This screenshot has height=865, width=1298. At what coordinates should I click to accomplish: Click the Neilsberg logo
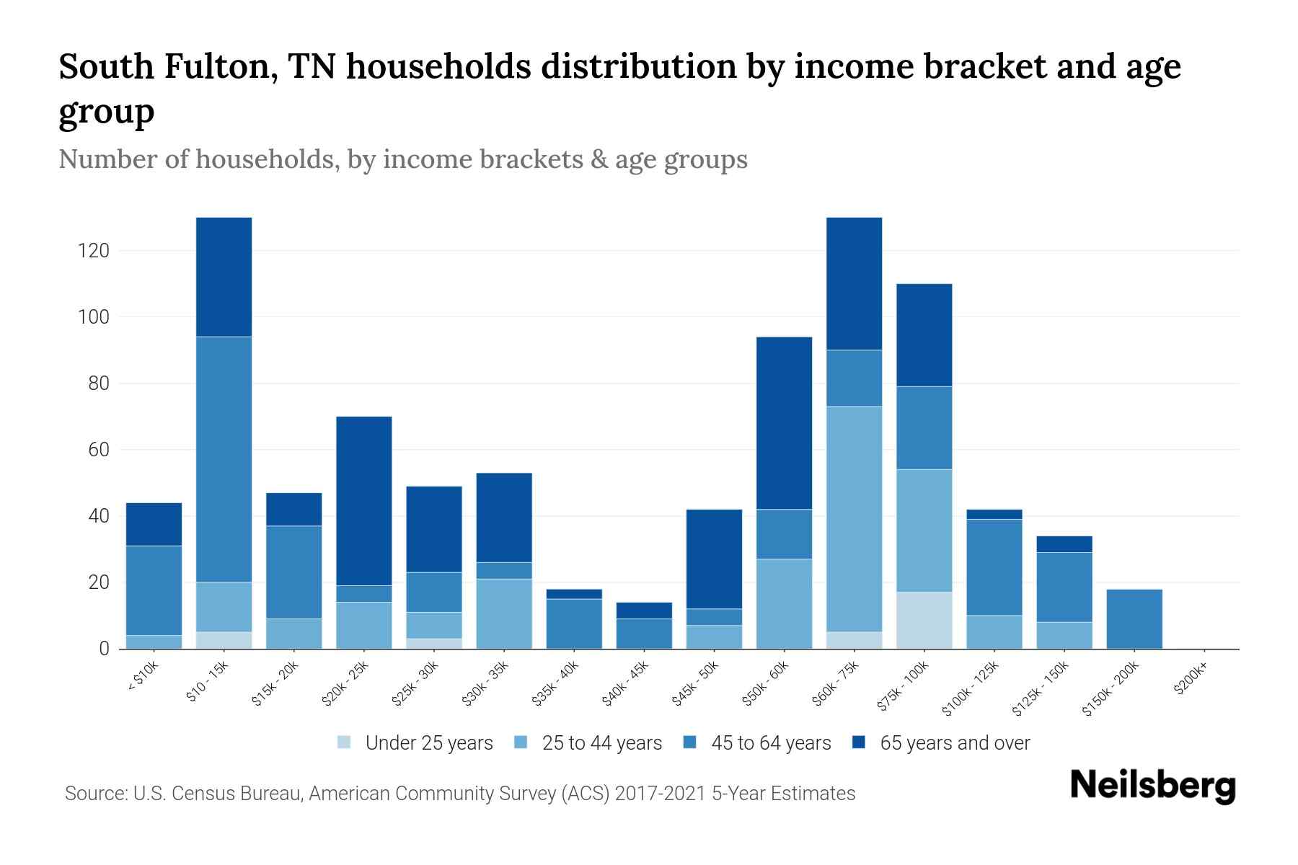tap(1152, 786)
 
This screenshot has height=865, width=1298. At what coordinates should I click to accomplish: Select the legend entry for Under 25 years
tap(429, 743)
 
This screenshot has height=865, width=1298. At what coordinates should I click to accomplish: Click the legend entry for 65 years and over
tap(955, 743)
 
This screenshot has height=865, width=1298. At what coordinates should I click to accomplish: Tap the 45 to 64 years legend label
tap(771, 743)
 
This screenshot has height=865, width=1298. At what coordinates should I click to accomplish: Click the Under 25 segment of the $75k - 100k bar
tap(924, 620)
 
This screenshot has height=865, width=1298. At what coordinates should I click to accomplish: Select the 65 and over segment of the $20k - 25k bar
tap(364, 501)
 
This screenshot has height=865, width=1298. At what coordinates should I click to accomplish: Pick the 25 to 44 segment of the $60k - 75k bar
tap(854, 519)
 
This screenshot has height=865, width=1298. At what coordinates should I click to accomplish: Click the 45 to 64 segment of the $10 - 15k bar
tap(224, 459)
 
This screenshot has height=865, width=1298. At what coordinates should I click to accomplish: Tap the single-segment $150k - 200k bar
tap(1134, 619)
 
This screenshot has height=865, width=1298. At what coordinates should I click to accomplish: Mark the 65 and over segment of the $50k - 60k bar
tap(784, 423)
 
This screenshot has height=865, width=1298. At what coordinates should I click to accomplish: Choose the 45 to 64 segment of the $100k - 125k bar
tap(994, 567)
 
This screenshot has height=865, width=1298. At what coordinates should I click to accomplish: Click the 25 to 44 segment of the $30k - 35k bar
tap(504, 613)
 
